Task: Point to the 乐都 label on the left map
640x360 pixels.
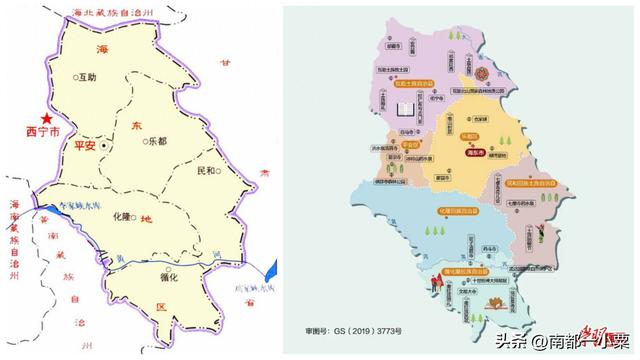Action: [155, 142]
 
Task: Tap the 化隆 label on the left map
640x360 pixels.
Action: [121, 216]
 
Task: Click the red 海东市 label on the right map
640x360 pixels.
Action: [475, 152]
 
